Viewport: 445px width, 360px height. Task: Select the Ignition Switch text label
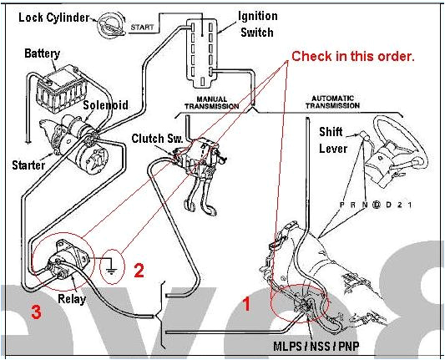[256, 23]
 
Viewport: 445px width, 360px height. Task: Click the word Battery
[42, 54]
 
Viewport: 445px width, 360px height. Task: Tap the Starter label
[28, 165]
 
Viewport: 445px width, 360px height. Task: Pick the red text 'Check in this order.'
[352, 57]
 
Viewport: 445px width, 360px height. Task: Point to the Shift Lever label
[336, 140]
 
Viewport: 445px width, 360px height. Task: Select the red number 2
[139, 270]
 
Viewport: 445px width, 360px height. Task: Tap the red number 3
[35, 313]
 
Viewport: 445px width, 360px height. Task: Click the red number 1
[245, 304]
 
